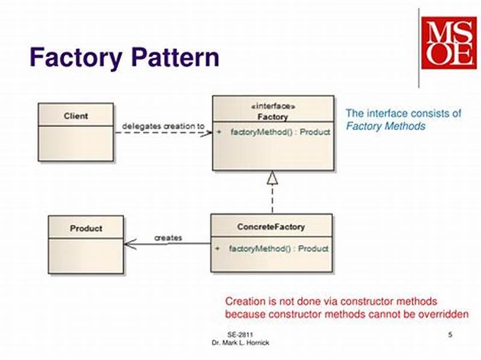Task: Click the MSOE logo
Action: pos(448,42)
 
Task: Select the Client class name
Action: pos(76,116)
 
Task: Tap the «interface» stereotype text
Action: pos(272,106)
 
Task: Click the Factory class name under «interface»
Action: pos(272,117)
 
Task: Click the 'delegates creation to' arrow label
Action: pos(163,126)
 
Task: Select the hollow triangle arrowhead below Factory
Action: pos(272,177)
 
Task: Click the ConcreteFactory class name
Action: pos(271,227)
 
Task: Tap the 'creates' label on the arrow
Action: pos(168,238)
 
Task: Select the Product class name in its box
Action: pos(86,228)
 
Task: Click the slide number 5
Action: pos(450,334)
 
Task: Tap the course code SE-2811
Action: pos(240,334)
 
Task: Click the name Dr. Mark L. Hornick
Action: pos(240,342)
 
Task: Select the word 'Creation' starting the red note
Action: pos(243,301)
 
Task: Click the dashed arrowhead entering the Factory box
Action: pos(207,132)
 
